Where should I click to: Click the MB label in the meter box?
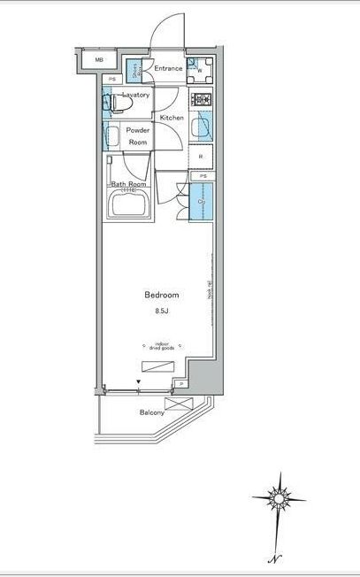tap(99, 61)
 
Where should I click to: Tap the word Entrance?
tap(168, 68)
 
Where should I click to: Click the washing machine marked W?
tap(201, 68)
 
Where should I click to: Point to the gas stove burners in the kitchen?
tap(202, 99)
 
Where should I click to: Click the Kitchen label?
tap(172, 117)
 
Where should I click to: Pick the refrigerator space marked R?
tap(202, 157)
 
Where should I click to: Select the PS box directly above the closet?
tap(203, 176)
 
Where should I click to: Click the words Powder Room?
tap(138, 136)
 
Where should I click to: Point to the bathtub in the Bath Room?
tap(129, 206)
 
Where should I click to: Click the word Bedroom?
tap(163, 295)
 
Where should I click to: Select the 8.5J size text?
tap(163, 311)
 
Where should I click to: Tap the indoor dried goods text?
tap(162, 348)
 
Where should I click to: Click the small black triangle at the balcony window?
tap(138, 383)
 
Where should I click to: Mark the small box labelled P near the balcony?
tap(181, 383)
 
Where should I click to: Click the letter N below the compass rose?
tap(276, 558)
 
